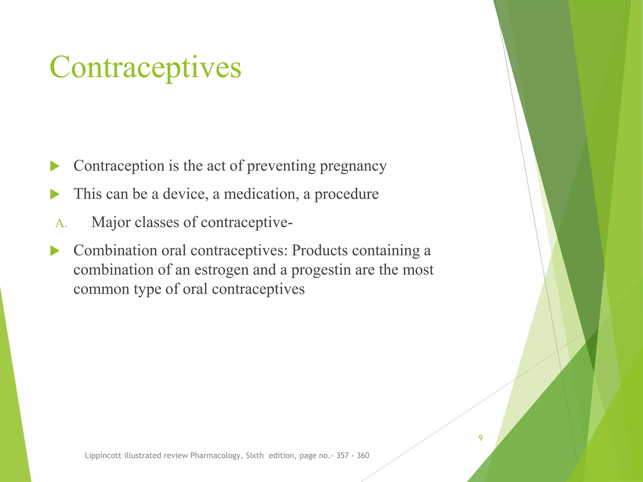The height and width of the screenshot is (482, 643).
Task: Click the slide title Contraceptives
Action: point(145,67)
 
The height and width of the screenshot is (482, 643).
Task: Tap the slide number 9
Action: point(481,437)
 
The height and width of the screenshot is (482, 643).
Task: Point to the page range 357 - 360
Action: point(353,455)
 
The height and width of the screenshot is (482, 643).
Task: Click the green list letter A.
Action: point(61,223)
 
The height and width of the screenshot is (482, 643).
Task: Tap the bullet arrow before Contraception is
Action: point(55,166)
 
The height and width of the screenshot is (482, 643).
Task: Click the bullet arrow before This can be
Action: point(55,194)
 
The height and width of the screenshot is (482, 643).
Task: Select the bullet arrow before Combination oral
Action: point(55,251)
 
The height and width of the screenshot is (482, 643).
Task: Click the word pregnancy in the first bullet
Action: point(353,166)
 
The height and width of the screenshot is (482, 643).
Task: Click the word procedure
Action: point(347,194)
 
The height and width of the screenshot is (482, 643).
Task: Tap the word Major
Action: point(111,222)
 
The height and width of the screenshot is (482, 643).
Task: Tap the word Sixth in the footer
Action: point(255,455)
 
